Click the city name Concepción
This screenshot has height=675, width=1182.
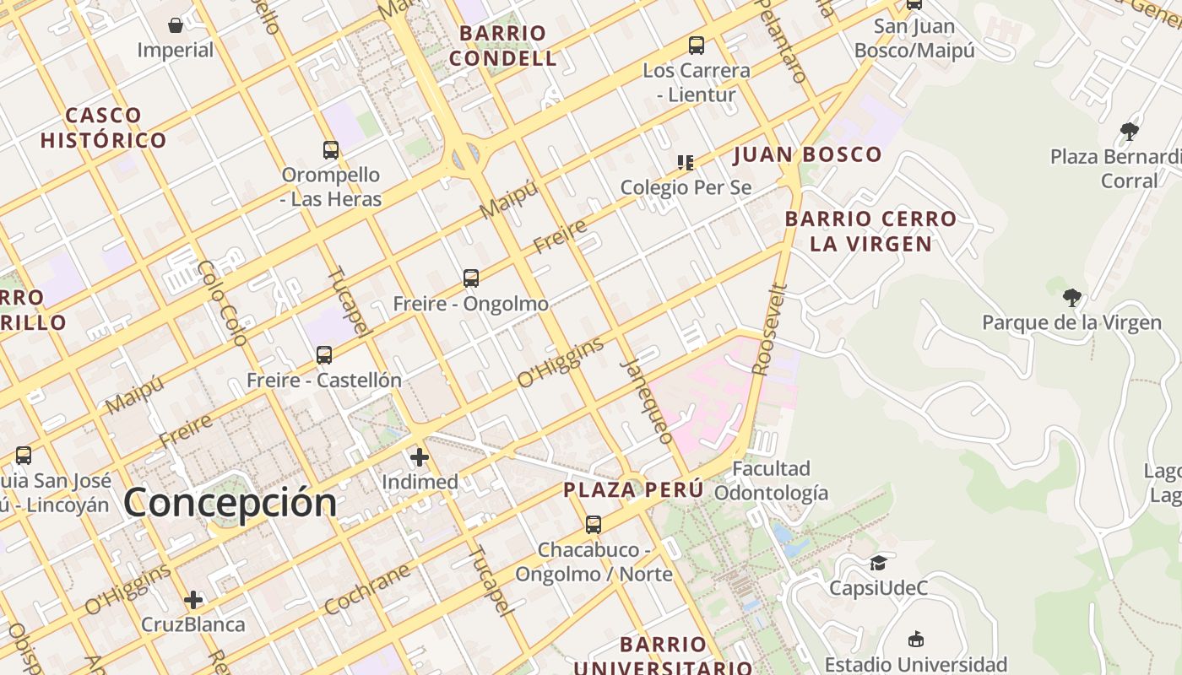tap(230, 503)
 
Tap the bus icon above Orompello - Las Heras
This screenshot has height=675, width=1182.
tap(331, 150)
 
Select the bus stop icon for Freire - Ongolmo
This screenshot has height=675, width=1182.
tap(471, 278)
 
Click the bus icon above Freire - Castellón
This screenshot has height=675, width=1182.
tap(324, 354)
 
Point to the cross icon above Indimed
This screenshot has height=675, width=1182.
tap(420, 457)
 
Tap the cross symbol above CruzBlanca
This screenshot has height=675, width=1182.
tap(193, 600)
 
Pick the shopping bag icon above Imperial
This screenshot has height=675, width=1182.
tap(176, 25)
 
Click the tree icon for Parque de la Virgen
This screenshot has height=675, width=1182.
tap(1071, 297)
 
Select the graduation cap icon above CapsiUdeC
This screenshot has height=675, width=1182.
tap(878, 563)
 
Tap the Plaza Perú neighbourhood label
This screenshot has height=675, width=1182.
tap(633, 489)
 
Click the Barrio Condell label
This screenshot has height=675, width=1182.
tap(503, 46)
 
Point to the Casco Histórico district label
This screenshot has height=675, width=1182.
tap(103, 127)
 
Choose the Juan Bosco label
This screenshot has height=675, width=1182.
tap(807, 154)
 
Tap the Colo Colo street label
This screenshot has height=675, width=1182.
tap(222, 303)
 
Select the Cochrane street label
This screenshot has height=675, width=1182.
tap(366, 588)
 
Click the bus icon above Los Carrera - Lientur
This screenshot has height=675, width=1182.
tap(697, 46)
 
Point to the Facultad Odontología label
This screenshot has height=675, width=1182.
tap(771, 480)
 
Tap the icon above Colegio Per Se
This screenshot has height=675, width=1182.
tap(686, 162)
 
